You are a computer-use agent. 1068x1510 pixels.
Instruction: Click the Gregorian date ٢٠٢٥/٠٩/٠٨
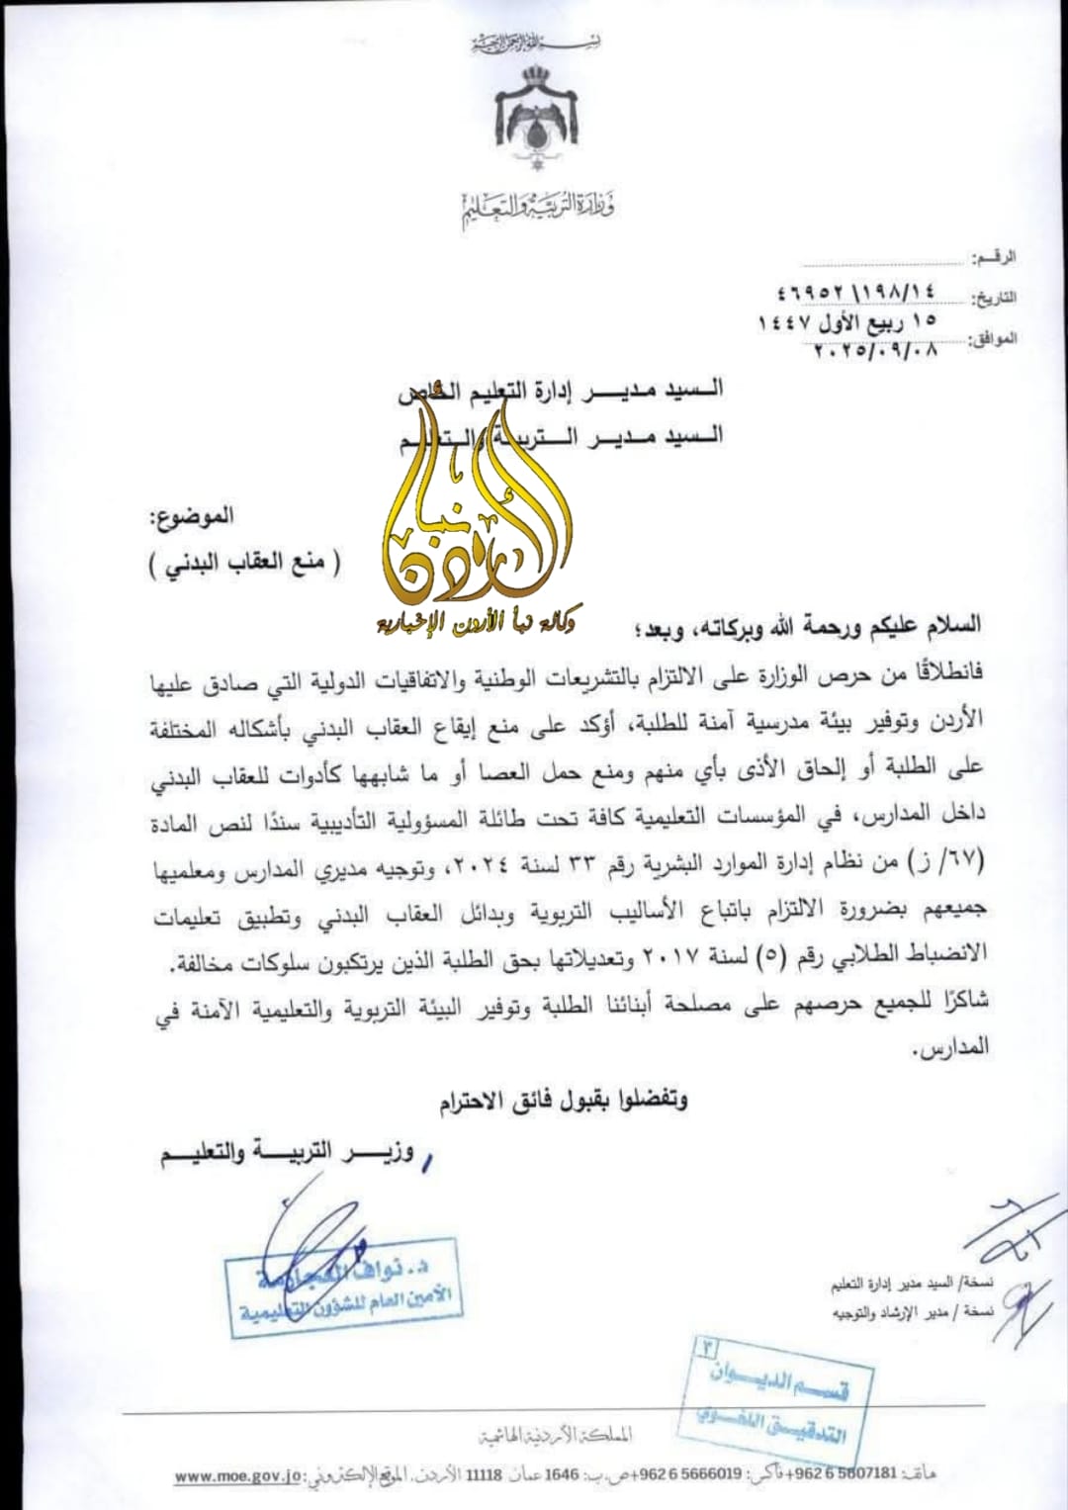pos(874,348)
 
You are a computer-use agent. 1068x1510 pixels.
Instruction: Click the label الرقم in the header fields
pos(994,258)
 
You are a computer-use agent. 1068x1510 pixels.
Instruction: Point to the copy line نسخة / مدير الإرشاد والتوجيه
pos(909,1312)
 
